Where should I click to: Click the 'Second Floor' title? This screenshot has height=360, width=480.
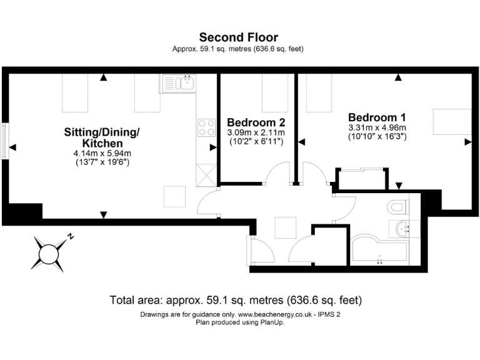pyautogui.click(x=239, y=37)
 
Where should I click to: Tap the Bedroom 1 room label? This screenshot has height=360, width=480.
pyautogui.click(x=377, y=117)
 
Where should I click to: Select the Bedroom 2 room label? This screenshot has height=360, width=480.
pyautogui.click(x=256, y=121)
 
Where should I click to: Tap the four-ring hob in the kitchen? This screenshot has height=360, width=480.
pyautogui.click(x=206, y=127)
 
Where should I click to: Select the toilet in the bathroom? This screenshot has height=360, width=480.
pyautogui.click(x=396, y=206)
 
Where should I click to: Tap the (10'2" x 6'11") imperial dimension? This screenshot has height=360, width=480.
pyautogui.click(x=256, y=142)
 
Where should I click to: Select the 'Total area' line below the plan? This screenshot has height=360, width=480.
pyautogui.click(x=236, y=300)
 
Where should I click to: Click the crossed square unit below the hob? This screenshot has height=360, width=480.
pyautogui.click(x=205, y=174)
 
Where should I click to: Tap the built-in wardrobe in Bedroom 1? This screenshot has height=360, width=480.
pyautogui.click(x=362, y=179)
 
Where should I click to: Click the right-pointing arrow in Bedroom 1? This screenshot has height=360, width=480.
pyautogui.click(x=467, y=142)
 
